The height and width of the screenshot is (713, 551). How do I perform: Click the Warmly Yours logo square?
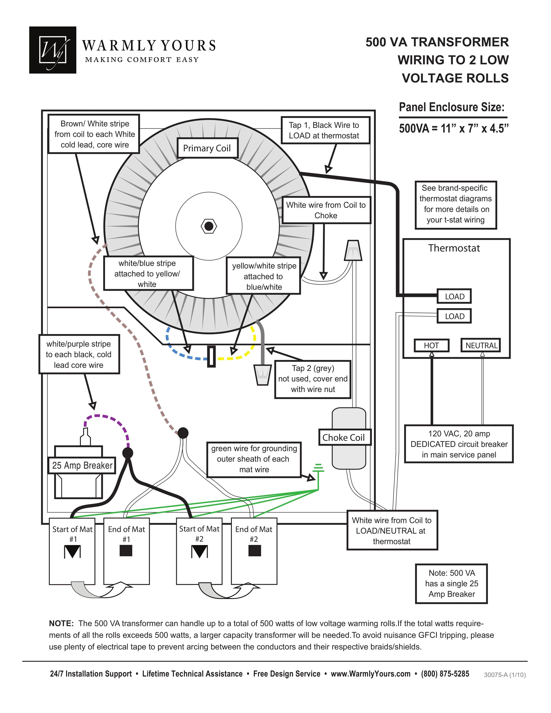point(53,50)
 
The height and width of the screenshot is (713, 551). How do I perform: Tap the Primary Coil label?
point(207,148)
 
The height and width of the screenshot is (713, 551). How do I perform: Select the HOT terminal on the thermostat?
point(431,345)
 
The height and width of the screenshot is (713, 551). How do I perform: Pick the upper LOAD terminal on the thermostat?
point(454,296)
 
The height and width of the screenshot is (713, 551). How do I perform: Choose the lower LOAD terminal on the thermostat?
point(454,316)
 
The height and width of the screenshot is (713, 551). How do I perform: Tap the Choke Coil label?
point(344,438)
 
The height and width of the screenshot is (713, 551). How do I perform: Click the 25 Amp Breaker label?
point(82,465)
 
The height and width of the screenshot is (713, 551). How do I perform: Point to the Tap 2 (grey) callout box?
point(313,379)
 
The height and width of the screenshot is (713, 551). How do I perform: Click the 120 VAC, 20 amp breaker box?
point(459,444)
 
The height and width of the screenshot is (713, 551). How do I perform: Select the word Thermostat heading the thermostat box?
point(454,248)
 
